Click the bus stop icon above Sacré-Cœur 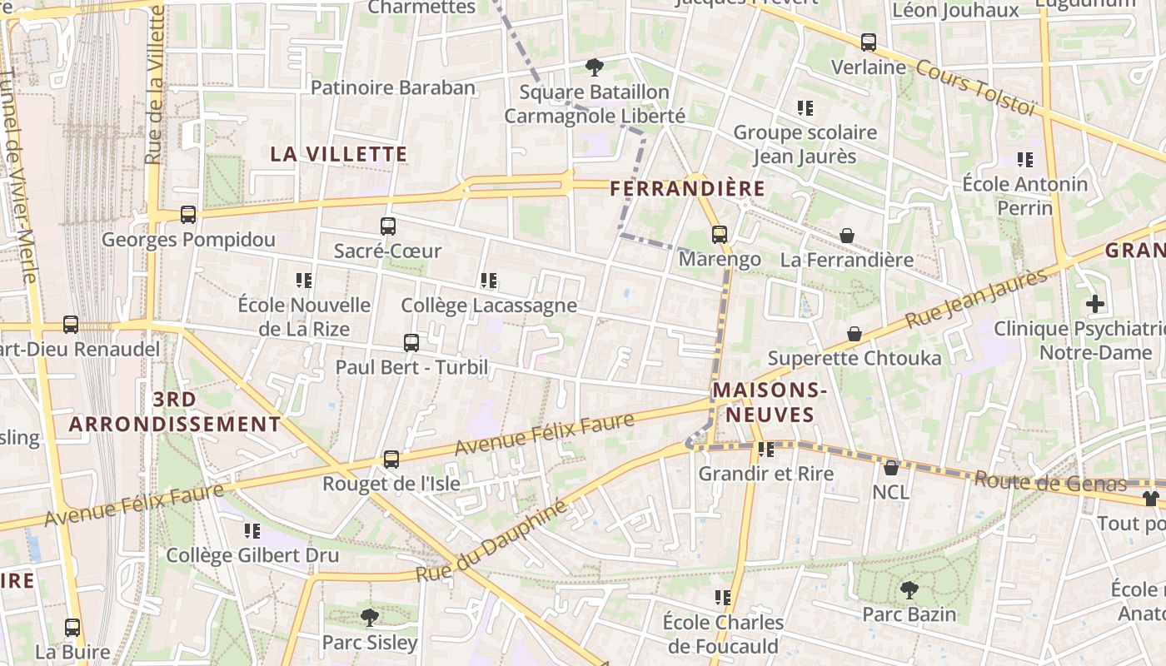(x=388, y=226)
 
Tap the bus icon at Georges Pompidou (x=188, y=215)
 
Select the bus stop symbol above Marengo (x=720, y=235)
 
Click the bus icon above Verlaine (x=869, y=42)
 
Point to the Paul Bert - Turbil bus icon (x=411, y=342)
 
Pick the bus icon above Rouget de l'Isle (x=391, y=459)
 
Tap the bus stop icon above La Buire (x=72, y=628)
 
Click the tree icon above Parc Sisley (x=369, y=618)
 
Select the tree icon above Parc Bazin (x=909, y=590)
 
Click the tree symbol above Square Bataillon (x=595, y=67)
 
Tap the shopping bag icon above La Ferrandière (x=847, y=236)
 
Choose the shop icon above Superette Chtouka (x=855, y=334)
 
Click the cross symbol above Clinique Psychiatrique (x=1095, y=304)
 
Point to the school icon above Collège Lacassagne (x=489, y=281)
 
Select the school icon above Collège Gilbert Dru (x=252, y=530)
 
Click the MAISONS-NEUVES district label (x=770, y=402)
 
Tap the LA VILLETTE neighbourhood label (x=339, y=154)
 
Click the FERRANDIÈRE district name (x=687, y=189)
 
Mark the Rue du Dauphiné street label (x=491, y=542)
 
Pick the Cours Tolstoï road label (x=975, y=87)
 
